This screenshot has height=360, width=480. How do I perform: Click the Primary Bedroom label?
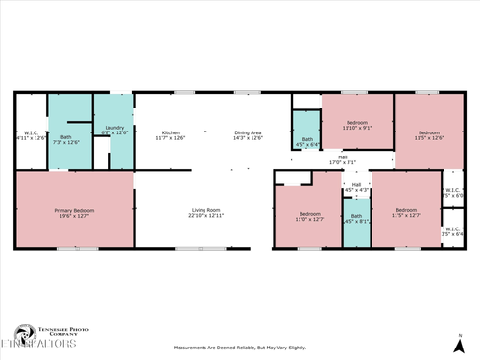73,212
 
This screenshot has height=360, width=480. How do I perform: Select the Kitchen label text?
170,135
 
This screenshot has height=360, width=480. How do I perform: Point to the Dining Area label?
249,135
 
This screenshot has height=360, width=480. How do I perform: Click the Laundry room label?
114,130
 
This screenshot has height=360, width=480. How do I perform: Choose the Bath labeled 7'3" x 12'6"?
65,140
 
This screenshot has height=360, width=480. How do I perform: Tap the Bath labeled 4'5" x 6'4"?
307,142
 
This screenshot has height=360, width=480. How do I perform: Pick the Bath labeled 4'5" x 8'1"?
356,219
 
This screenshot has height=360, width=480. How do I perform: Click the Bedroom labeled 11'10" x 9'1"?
355,126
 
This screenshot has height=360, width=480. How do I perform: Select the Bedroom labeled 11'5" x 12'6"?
428,135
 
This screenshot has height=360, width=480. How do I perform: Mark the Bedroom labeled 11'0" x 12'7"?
309,216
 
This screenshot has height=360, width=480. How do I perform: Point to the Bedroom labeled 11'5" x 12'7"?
406,212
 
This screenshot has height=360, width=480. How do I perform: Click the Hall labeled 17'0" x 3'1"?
342,159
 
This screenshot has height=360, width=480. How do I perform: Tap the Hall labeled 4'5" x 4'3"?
356,188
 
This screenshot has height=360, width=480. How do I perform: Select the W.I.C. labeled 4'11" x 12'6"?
31,135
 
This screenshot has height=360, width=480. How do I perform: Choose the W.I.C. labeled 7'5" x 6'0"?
452,192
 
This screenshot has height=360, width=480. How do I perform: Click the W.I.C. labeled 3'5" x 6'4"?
452,231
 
